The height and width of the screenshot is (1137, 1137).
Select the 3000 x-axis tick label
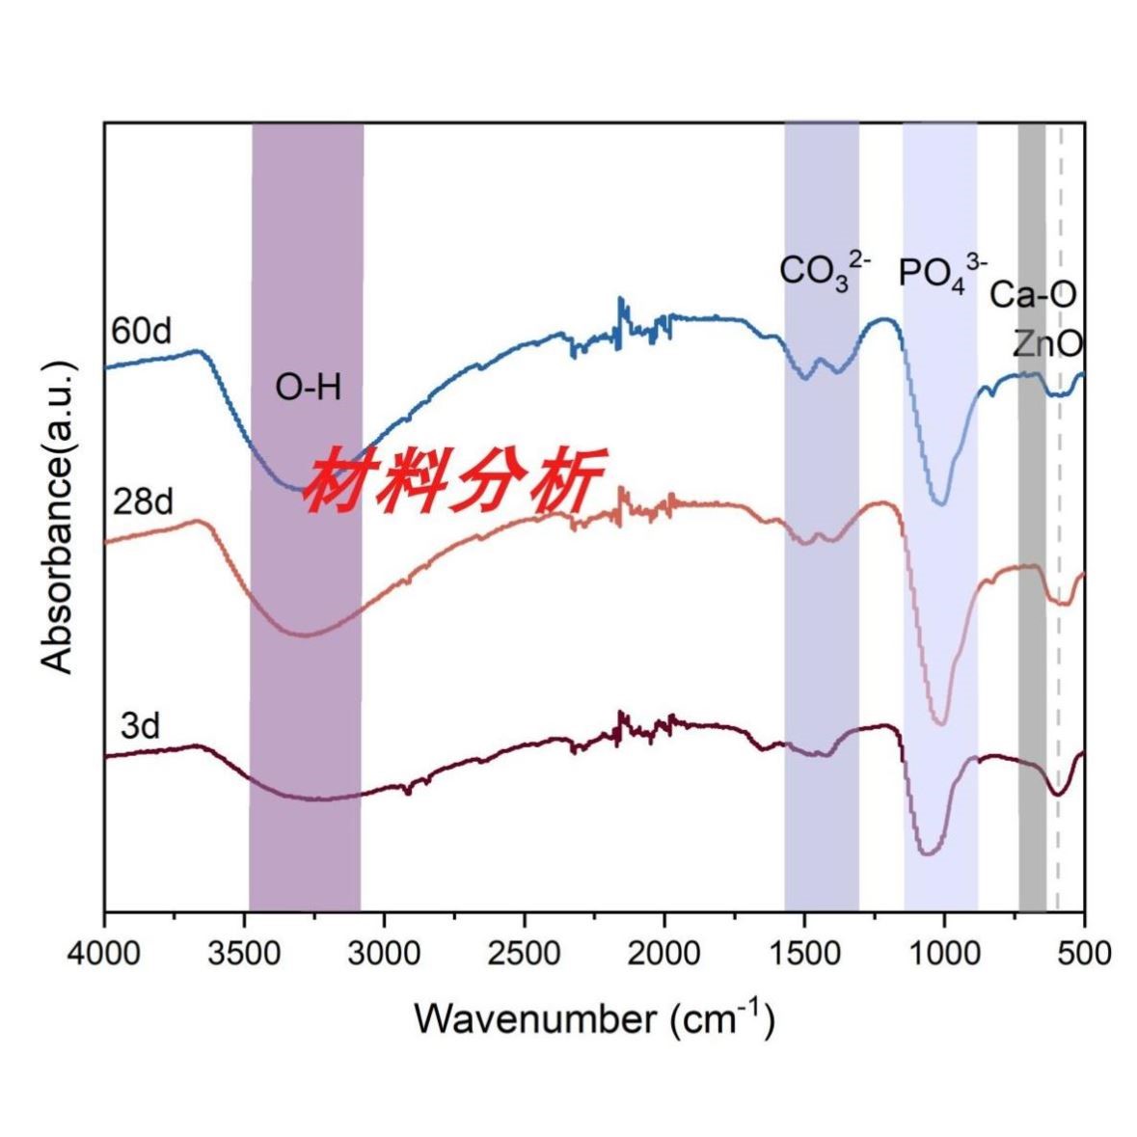(384, 952)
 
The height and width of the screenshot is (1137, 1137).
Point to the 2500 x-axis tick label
(524, 952)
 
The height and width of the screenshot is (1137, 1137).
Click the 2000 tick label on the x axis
(663, 952)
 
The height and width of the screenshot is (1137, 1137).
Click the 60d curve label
(141, 331)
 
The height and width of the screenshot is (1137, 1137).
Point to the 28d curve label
(141, 502)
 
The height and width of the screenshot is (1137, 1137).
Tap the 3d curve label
(140, 726)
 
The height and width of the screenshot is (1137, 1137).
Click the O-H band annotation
(309, 389)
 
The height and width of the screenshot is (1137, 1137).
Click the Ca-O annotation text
(1033, 295)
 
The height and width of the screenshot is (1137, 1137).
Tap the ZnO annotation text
(1046, 343)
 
